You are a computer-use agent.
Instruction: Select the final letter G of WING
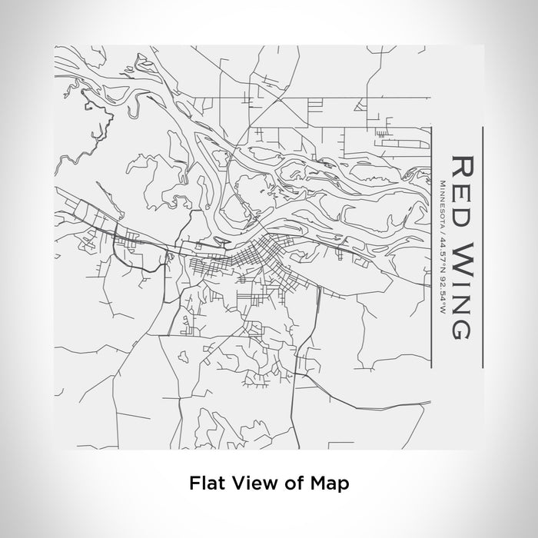point(461,328)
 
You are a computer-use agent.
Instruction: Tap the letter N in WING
point(461,303)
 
